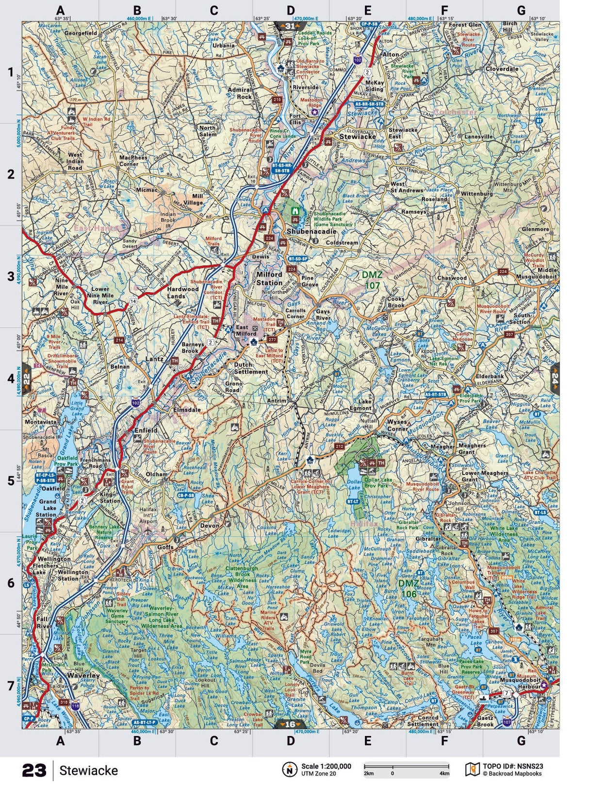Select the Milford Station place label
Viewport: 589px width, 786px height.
(269, 278)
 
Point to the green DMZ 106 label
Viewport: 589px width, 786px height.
(408, 588)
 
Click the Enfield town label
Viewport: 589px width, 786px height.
(146, 430)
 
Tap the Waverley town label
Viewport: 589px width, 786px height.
(83, 675)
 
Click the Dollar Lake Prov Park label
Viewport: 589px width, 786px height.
(377, 482)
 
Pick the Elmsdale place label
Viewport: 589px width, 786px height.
(187, 410)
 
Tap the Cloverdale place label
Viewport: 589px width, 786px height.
(502, 69)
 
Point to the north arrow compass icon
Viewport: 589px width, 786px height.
(290, 769)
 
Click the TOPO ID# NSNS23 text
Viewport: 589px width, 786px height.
(513, 767)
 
